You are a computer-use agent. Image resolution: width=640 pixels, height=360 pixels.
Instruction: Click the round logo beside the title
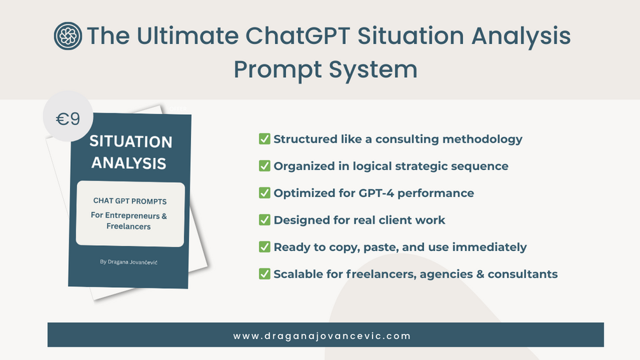click(68, 36)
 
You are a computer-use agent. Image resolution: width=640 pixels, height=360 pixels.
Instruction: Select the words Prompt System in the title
click(325, 69)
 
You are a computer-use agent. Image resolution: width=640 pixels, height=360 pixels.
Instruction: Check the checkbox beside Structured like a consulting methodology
click(264, 139)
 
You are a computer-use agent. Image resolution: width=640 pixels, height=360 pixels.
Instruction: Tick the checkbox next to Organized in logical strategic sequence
click(264, 166)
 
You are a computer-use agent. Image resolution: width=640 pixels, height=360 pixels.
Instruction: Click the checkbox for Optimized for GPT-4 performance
click(264, 192)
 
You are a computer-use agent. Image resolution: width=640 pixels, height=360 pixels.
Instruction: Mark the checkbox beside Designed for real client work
click(264, 220)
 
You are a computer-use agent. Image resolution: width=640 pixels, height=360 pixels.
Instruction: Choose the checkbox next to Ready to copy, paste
click(264, 247)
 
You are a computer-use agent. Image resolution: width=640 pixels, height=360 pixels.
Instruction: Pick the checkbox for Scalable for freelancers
click(264, 273)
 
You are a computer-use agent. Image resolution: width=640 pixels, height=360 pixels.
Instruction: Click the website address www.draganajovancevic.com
click(322, 336)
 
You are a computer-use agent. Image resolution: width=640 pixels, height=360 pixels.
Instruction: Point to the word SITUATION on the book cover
click(131, 141)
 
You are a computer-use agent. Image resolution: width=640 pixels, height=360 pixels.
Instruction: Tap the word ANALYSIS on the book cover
click(129, 163)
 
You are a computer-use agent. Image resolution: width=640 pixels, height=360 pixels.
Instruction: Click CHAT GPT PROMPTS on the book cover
click(130, 201)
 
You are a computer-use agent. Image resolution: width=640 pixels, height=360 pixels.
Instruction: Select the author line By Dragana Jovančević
click(129, 262)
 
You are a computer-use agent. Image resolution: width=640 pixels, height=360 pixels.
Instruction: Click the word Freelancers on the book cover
click(129, 226)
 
